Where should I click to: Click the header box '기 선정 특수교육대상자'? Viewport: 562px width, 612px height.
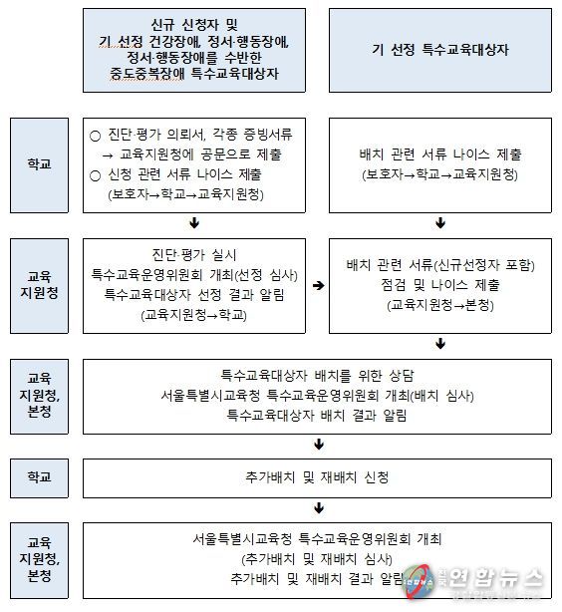click(x=439, y=51)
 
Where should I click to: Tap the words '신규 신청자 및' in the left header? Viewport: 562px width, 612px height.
click(x=194, y=25)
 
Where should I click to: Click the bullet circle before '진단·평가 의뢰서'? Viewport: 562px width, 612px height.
click(x=95, y=136)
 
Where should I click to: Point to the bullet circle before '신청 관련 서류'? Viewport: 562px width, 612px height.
click(x=95, y=175)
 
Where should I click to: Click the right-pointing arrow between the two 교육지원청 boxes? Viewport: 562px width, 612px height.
click(x=318, y=285)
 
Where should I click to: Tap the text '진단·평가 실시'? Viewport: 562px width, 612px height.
click(x=194, y=255)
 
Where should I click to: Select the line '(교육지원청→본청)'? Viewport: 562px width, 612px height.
click(x=440, y=305)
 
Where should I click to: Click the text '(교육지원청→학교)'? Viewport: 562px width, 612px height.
click(x=194, y=315)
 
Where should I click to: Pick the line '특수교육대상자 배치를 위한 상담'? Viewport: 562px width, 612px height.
click(x=317, y=376)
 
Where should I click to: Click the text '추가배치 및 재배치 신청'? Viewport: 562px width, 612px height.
click(x=317, y=477)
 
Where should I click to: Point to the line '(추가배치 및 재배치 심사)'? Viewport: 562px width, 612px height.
click(x=317, y=559)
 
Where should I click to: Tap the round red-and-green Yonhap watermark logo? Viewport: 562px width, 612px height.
click(x=419, y=581)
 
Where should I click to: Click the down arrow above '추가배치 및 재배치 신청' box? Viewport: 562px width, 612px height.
click(x=319, y=445)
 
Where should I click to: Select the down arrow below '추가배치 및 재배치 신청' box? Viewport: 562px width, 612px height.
click(x=319, y=507)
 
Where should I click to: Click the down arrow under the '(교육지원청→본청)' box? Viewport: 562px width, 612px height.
click(x=440, y=344)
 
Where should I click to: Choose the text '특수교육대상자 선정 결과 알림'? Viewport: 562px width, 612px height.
click(x=194, y=294)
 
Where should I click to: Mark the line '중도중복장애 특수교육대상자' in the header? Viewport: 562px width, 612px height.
click(x=194, y=74)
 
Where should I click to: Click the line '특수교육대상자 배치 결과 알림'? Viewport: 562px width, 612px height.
click(x=317, y=415)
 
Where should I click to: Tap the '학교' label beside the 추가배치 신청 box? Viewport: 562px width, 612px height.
click(x=39, y=477)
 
